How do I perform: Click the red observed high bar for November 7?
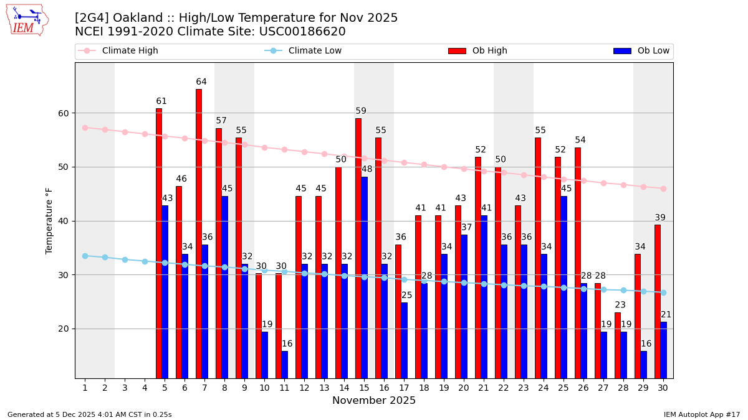(199, 233)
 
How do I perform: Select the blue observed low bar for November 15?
(364, 278)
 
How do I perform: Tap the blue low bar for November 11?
(284, 365)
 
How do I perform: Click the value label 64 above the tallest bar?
(201, 82)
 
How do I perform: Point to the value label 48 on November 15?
(367, 169)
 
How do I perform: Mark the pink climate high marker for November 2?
(105, 129)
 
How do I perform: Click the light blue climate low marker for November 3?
(125, 259)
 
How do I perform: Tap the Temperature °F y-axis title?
(49, 220)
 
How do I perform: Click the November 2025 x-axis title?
(374, 401)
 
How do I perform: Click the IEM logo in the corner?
(27, 20)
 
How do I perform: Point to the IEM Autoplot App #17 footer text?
(702, 414)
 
